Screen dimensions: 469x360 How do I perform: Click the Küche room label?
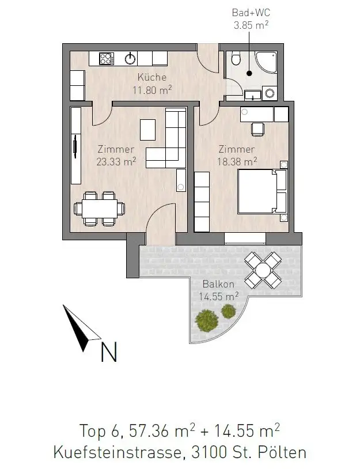(x=152, y=77)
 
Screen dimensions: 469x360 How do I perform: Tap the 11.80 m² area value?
(x=152, y=89)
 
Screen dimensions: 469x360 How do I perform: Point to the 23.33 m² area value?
(x=116, y=162)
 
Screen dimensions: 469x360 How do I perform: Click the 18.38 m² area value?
(x=237, y=162)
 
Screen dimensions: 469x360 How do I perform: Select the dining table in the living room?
(x=102, y=207)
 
